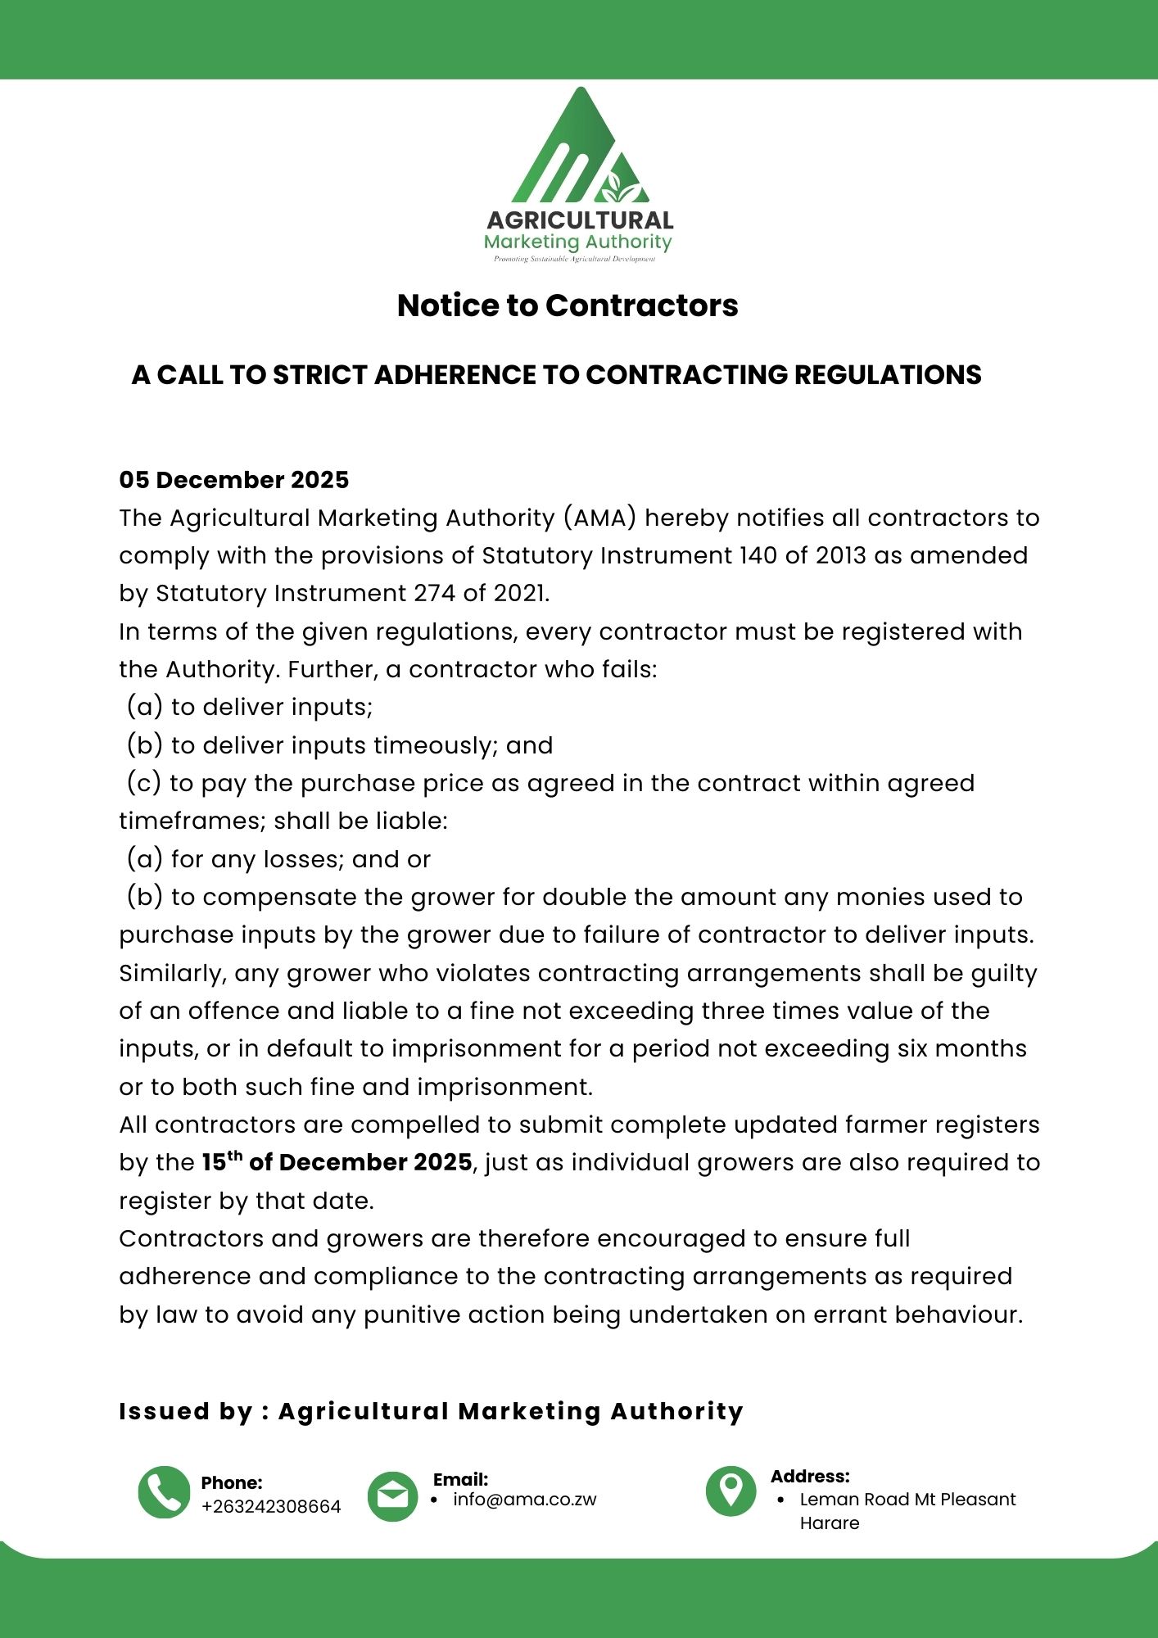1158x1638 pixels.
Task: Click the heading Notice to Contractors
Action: (x=568, y=305)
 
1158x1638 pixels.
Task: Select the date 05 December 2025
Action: (x=234, y=480)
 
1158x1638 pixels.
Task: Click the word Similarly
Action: (x=173, y=973)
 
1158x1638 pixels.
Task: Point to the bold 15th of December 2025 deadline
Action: (x=337, y=1163)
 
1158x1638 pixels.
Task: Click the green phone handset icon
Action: (x=164, y=1492)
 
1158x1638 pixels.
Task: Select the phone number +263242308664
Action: (x=271, y=1507)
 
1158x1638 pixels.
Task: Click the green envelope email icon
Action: (x=393, y=1497)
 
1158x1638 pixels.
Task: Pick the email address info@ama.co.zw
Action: (x=525, y=1500)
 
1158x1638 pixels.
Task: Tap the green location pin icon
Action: (x=731, y=1491)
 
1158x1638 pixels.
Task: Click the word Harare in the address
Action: (x=830, y=1523)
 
